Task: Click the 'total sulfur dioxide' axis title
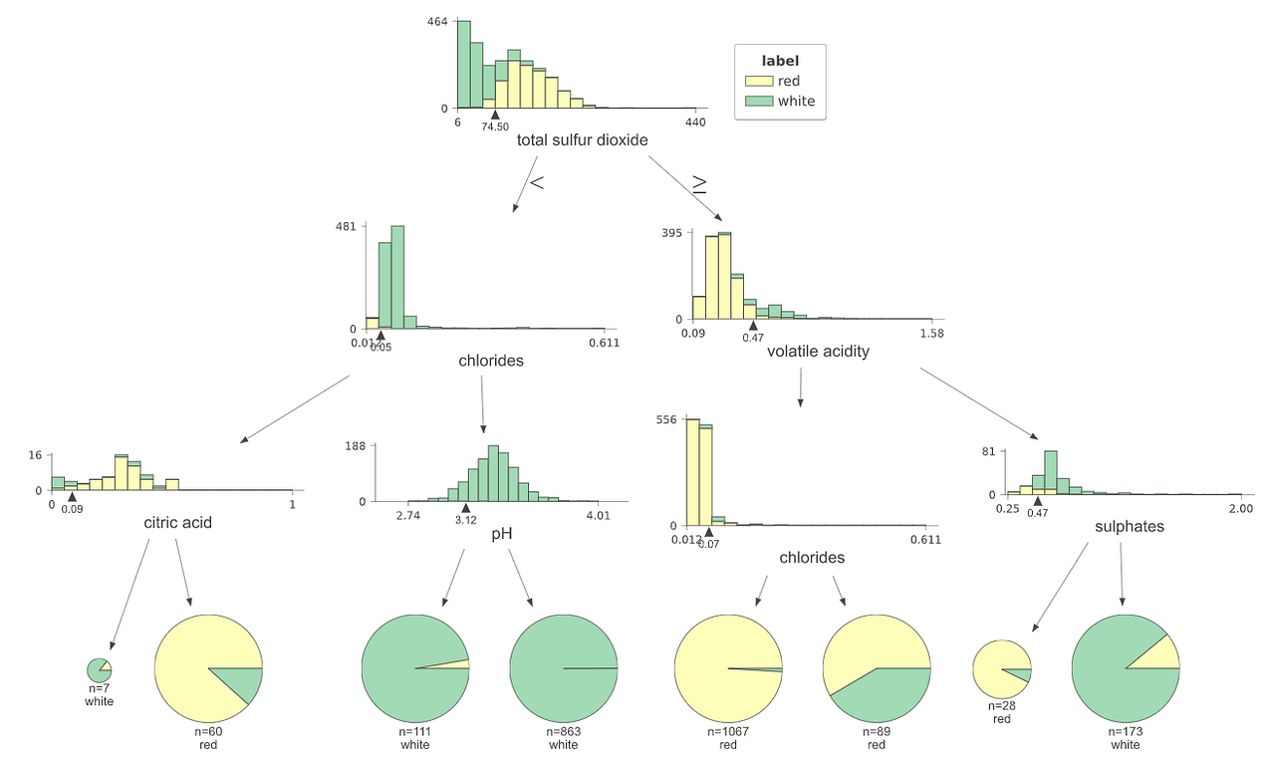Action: (x=582, y=140)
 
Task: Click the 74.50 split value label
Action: (x=495, y=126)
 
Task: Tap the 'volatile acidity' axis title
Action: (x=818, y=351)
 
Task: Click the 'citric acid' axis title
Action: (x=177, y=522)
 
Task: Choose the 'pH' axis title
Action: (x=502, y=534)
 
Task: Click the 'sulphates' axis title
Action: (x=1129, y=526)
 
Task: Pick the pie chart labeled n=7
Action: (x=99, y=669)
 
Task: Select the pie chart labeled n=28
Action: (x=1001, y=669)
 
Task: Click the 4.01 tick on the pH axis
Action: (x=598, y=515)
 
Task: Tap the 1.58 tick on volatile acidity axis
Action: (x=931, y=334)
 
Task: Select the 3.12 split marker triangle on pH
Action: (x=465, y=508)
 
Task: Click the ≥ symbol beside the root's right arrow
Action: (x=699, y=184)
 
